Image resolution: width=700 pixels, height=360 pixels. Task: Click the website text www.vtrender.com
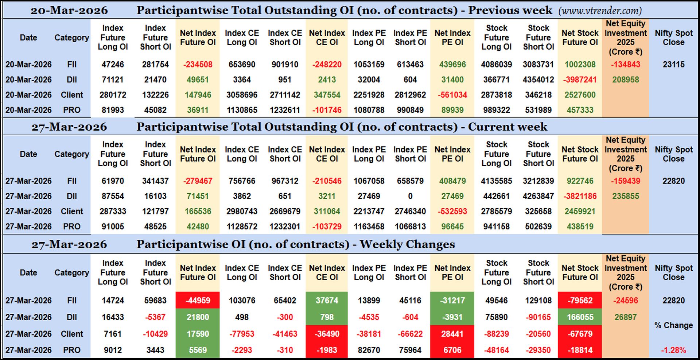(600, 11)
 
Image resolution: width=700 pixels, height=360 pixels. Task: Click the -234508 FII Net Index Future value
(198, 65)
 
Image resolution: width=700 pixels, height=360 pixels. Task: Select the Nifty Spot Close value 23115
(673, 65)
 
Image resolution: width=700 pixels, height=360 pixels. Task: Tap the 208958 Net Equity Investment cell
(625, 80)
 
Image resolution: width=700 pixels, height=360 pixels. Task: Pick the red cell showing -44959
(198, 301)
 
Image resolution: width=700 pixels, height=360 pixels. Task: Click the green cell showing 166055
(580, 317)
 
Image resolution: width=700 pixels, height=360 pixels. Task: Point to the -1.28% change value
(673, 350)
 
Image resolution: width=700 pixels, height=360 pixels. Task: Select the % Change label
(673, 325)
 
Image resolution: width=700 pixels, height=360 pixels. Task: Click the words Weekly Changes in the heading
(407, 244)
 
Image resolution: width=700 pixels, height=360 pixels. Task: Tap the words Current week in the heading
(507, 127)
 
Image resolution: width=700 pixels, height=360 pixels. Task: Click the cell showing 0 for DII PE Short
(410, 196)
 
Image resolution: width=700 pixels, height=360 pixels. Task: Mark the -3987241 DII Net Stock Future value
(580, 80)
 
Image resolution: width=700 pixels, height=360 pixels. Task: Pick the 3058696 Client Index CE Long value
(242, 95)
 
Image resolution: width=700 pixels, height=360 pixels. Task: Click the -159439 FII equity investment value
(625, 181)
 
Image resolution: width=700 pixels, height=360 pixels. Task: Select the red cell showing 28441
(452, 334)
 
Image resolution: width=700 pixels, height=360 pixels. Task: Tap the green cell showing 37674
(327, 301)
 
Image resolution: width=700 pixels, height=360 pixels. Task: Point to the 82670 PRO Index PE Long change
(369, 350)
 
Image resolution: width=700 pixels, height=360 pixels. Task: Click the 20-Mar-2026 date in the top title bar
(69, 10)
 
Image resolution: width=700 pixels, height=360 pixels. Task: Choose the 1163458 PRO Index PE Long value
(369, 227)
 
